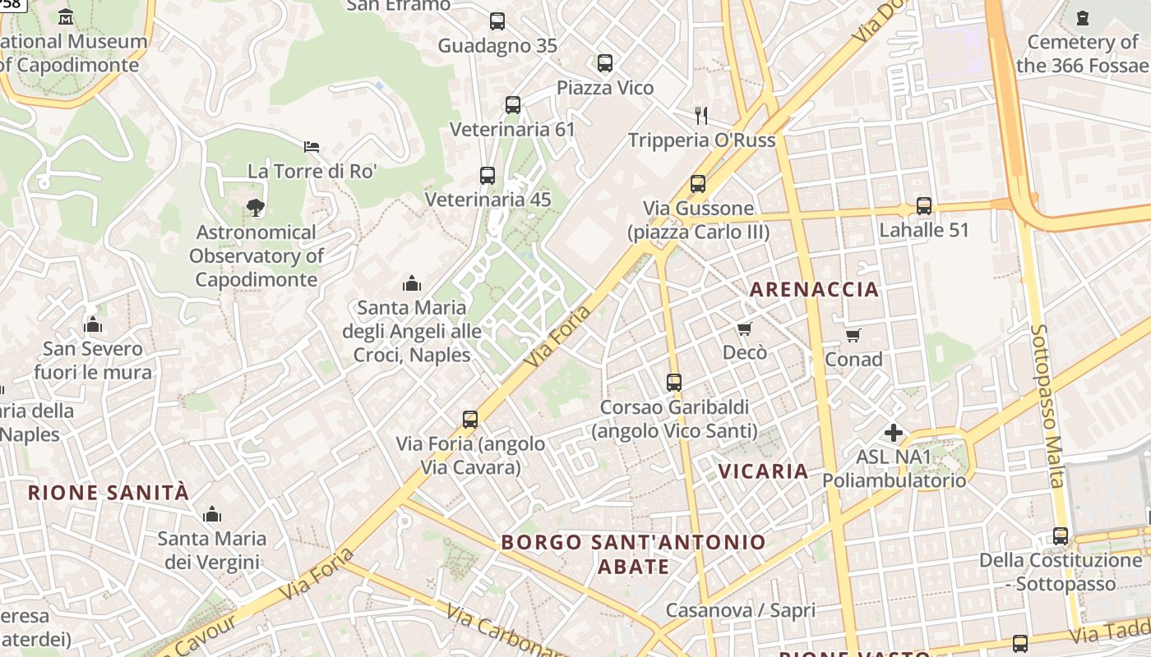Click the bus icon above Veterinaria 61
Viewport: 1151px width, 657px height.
pyautogui.click(x=513, y=105)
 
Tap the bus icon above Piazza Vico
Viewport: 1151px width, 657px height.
pyautogui.click(x=605, y=63)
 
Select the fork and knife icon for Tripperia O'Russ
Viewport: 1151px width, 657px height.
pyautogui.click(x=701, y=115)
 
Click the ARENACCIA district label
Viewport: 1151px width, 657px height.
pyautogui.click(x=815, y=289)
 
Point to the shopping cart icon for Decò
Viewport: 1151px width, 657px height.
pyautogui.click(x=744, y=329)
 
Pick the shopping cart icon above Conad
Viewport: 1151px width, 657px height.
pyautogui.click(x=853, y=335)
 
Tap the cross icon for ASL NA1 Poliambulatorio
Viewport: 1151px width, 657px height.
pyautogui.click(x=894, y=433)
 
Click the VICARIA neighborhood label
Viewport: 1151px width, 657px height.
pyautogui.click(x=764, y=471)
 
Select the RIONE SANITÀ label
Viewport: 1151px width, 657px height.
pyautogui.click(x=109, y=493)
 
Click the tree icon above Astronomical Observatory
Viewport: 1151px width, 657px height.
pyautogui.click(x=256, y=208)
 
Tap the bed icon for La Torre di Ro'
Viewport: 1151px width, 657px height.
pyautogui.click(x=312, y=147)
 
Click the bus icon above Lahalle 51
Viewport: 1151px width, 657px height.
pyautogui.click(x=924, y=206)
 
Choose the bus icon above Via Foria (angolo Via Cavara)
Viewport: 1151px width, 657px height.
pyautogui.click(x=470, y=420)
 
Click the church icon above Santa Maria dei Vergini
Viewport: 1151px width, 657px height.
pyautogui.click(x=212, y=515)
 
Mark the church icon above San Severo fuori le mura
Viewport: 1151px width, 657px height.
pyautogui.click(x=93, y=325)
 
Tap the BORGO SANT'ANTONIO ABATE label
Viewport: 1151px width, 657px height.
pyautogui.click(x=633, y=554)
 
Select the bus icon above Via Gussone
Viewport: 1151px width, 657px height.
pyautogui.click(x=698, y=184)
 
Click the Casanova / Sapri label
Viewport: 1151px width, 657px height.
pyautogui.click(x=740, y=610)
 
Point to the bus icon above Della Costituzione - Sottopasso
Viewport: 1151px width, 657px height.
pyautogui.click(x=1061, y=536)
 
